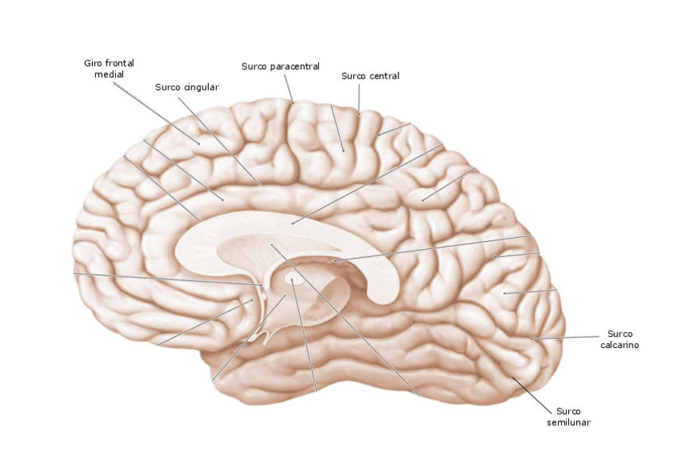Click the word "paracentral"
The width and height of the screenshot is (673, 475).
(295, 67)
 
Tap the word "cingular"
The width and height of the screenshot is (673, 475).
(202, 87)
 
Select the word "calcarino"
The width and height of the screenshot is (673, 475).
(620, 345)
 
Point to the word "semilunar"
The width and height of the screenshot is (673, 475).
(568, 423)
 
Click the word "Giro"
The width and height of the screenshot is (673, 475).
(94, 63)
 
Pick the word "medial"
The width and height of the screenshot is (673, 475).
(109, 74)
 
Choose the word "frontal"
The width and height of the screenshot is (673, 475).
(119, 63)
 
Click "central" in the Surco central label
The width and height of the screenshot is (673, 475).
(385, 76)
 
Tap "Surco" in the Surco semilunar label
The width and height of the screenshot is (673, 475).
(568, 411)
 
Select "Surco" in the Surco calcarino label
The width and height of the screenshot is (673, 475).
(620, 334)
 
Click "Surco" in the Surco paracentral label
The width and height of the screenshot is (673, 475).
(255, 67)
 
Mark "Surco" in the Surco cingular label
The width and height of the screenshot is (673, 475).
(168, 87)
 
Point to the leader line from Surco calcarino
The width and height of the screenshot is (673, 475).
(567, 338)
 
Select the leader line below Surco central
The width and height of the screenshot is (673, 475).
(359, 99)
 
